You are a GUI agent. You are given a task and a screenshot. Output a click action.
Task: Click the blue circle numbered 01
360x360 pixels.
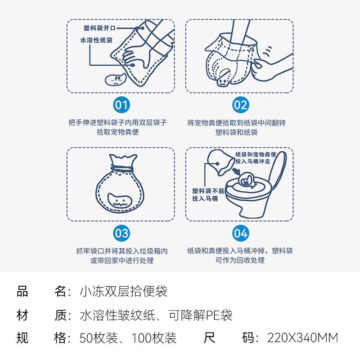click(x=121, y=105)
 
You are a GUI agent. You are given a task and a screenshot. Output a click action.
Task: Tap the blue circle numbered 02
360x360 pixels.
click(x=240, y=105)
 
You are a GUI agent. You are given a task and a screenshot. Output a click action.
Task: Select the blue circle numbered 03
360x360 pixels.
click(x=121, y=234)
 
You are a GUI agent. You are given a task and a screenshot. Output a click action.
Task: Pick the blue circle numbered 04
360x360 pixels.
click(x=240, y=234)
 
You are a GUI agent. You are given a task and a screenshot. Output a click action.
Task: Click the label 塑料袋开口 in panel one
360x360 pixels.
click(x=99, y=28)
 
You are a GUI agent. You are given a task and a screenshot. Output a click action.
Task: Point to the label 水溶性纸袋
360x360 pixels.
click(x=96, y=40)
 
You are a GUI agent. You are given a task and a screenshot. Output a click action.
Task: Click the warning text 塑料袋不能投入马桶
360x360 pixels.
click(x=205, y=194)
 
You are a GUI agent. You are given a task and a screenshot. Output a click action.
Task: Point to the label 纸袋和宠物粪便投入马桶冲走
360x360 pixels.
click(x=256, y=158)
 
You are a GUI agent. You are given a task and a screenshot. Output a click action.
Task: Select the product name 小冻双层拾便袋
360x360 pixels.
click(x=123, y=292)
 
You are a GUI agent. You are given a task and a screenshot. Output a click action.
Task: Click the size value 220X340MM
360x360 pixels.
click(x=302, y=337)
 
